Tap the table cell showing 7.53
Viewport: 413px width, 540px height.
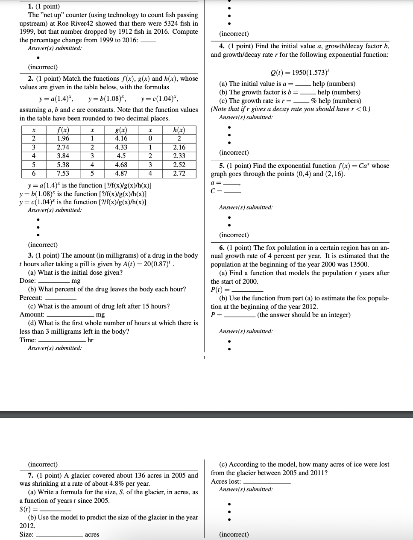click(x=63, y=173)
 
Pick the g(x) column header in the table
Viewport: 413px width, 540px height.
click(x=121, y=130)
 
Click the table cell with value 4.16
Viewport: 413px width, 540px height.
click(x=121, y=138)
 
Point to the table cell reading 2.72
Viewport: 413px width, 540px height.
click(x=179, y=173)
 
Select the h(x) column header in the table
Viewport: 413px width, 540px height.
click(x=179, y=130)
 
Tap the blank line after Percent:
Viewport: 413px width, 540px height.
click(x=60, y=299)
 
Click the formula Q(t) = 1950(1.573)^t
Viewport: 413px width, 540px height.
click(x=300, y=72)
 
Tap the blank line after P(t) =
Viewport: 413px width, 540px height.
click(x=247, y=291)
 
